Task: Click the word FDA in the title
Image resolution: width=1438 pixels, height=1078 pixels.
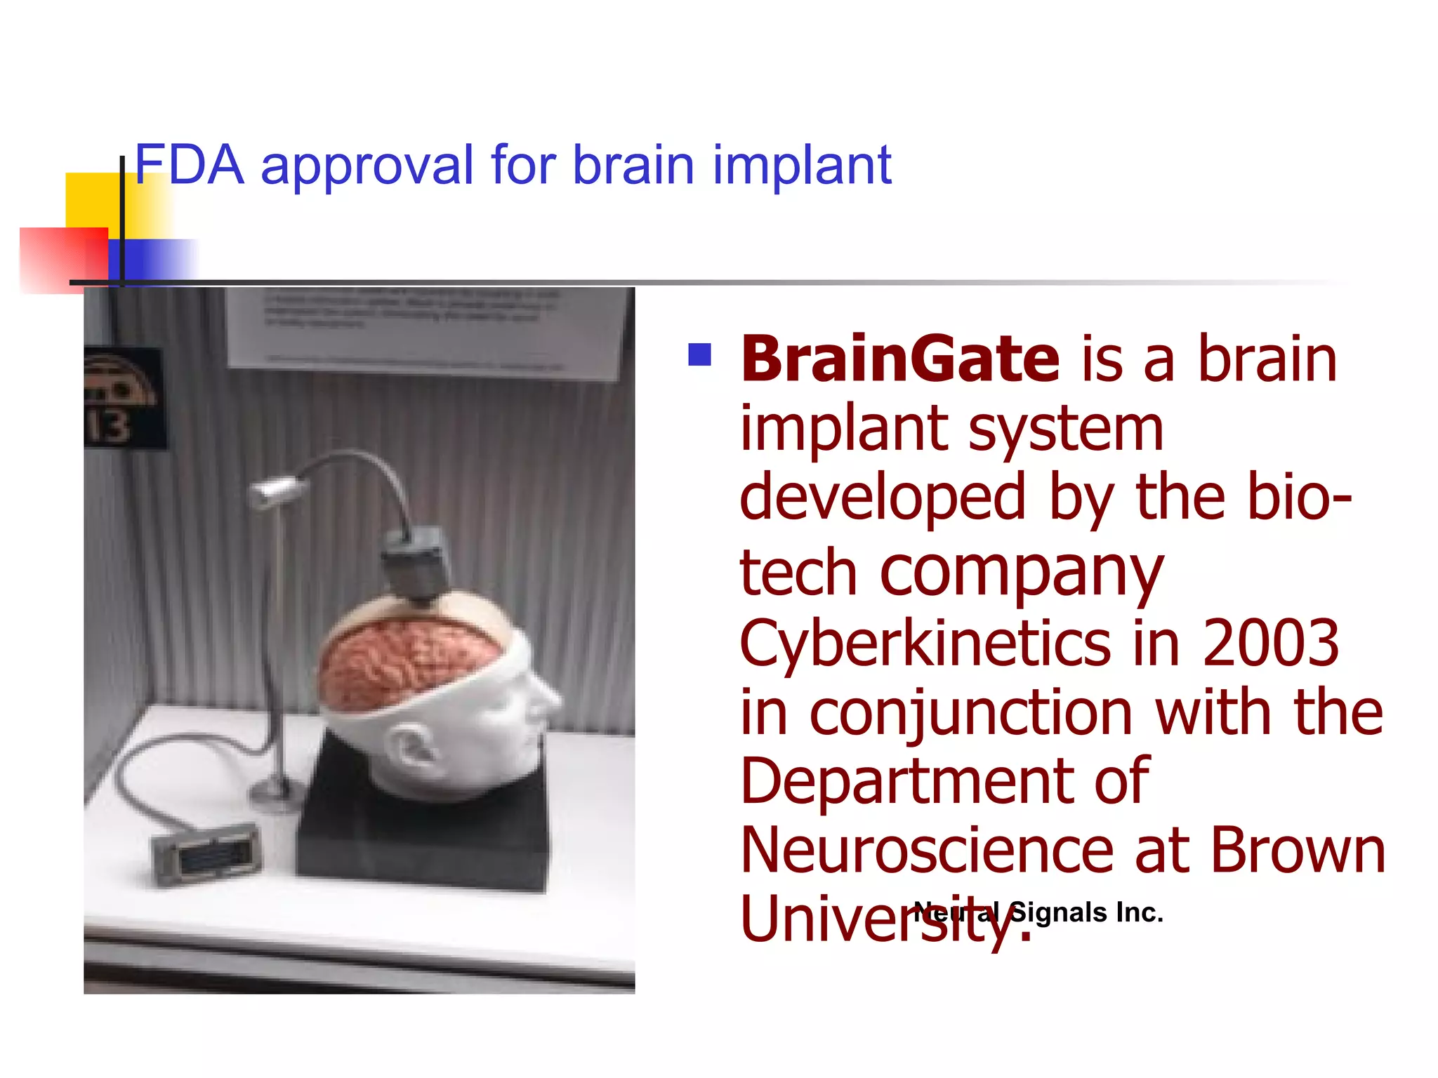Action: click(x=190, y=166)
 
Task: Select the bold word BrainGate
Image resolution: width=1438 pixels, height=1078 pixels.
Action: click(x=900, y=359)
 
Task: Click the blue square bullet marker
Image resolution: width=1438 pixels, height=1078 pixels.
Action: click(x=699, y=354)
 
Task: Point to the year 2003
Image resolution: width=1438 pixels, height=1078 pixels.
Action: click(x=1271, y=642)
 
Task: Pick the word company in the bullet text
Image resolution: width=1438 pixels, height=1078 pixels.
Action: click(x=1022, y=572)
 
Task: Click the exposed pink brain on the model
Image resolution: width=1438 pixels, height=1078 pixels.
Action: click(x=407, y=660)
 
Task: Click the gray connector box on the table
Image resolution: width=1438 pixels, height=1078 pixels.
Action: click(x=207, y=852)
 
